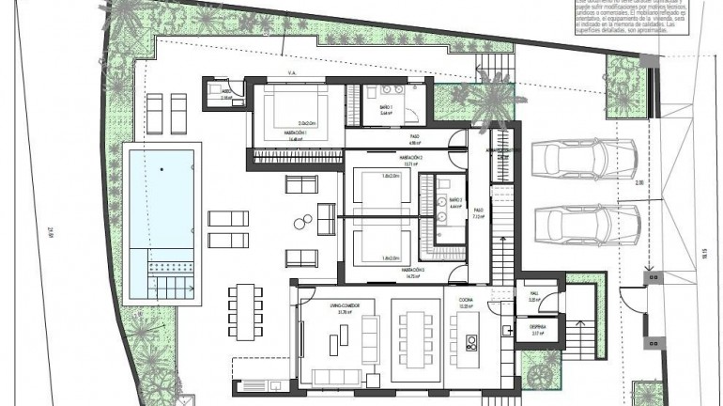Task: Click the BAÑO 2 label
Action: pyautogui.click(x=456, y=202)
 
